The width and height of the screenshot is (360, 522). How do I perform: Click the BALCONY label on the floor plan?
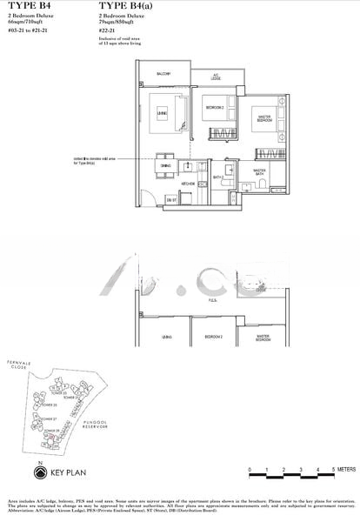[163, 75]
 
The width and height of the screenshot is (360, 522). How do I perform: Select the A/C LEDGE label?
[216, 77]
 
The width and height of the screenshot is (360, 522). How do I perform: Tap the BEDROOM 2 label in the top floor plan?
[214, 107]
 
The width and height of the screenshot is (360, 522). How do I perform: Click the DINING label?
[165, 164]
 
